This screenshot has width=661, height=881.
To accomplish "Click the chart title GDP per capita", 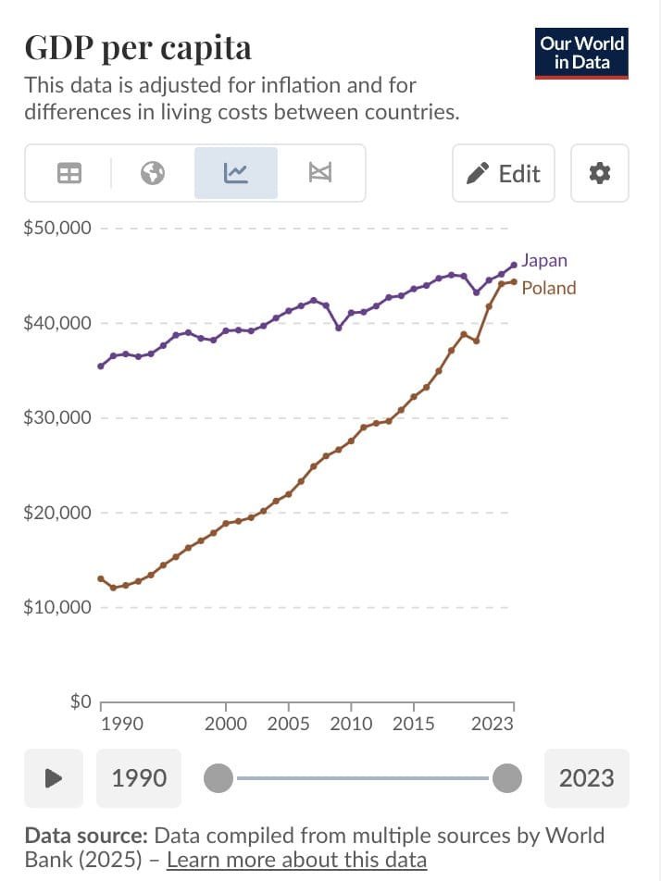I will pyautogui.click(x=138, y=47).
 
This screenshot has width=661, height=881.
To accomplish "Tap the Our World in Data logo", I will pyautogui.click(x=582, y=53).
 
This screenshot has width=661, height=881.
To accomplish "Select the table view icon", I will pyautogui.click(x=69, y=173).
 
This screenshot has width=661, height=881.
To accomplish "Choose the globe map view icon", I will pyautogui.click(x=153, y=173).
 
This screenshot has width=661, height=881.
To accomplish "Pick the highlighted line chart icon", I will pyautogui.click(x=235, y=173).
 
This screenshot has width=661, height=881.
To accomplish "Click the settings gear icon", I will pyautogui.click(x=600, y=173).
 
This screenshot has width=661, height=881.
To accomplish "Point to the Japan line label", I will pyautogui.click(x=544, y=260).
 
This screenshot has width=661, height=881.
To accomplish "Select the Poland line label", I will pyautogui.click(x=548, y=288).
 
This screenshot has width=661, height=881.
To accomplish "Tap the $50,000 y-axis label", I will pyautogui.click(x=57, y=228).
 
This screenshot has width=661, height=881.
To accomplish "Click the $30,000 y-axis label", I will pyautogui.click(x=57, y=417).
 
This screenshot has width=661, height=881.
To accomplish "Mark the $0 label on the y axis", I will pyautogui.click(x=81, y=702).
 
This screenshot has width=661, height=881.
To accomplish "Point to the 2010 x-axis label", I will pyautogui.click(x=351, y=724).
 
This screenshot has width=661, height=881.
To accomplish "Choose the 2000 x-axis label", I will pyautogui.click(x=225, y=724).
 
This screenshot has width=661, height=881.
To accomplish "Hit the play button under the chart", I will pyautogui.click(x=54, y=777).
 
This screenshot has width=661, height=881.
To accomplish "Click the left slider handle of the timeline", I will pyautogui.click(x=218, y=778).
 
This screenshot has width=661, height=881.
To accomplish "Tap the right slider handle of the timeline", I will pyautogui.click(x=506, y=778).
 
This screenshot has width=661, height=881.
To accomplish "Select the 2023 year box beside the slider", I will pyautogui.click(x=587, y=777).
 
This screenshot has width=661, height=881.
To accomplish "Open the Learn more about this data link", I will pyautogui.click(x=296, y=861).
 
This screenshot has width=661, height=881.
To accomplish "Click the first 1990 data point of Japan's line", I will pyautogui.click(x=101, y=366).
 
